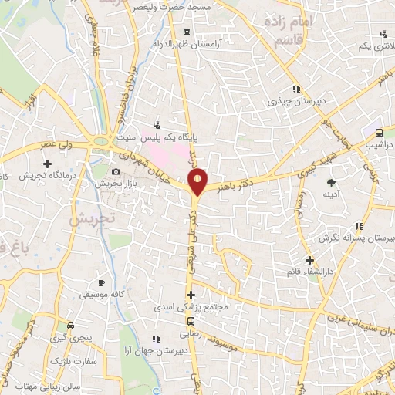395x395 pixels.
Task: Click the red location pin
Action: (x=198, y=181)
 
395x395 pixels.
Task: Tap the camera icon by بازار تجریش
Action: (x=116, y=171)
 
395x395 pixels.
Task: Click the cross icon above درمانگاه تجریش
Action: (x=48, y=164)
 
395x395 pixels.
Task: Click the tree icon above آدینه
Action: (x=331, y=183)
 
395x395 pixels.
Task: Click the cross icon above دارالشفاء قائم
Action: (x=309, y=260)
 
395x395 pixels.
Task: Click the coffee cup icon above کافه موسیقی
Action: (x=100, y=283)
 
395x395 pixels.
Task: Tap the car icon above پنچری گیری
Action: (x=70, y=325)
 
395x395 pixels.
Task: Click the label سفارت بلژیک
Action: (x=72, y=360)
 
